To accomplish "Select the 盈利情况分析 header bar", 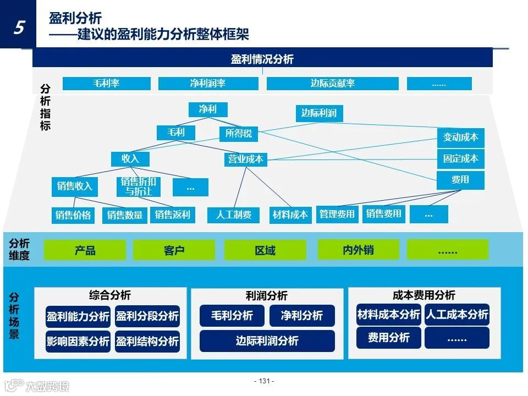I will click(x=262, y=59).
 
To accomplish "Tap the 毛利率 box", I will click(x=106, y=84).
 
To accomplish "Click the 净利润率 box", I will click(x=208, y=84).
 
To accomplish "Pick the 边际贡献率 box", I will click(x=332, y=84).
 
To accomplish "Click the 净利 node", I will click(x=207, y=109).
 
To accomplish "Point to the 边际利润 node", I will click(x=319, y=113).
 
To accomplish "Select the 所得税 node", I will click(x=239, y=133).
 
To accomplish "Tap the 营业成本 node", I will click(x=246, y=159).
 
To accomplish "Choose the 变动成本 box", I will click(x=460, y=137).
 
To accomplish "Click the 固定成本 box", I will click(x=460, y=159).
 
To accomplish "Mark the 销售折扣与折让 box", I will click(x=139, y=187).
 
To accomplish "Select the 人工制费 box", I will click(x=234, y=215).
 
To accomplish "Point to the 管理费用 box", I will click(x=337, y=214).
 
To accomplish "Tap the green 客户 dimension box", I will click(x=174, y=250).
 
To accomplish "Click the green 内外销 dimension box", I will click(x=358, y=250).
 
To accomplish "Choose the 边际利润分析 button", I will click(x=267, y=341).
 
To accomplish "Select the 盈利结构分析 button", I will click(x=147, y=342).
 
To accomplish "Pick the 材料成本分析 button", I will click(x=388, y=315).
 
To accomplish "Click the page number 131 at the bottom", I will click(x=264, y=381).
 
